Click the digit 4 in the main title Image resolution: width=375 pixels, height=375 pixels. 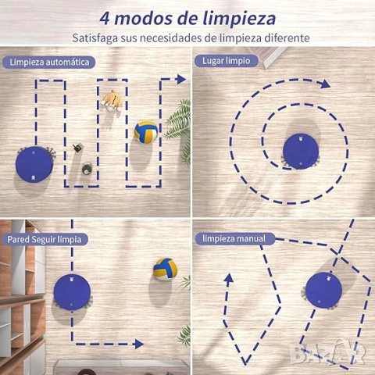pos(105,19)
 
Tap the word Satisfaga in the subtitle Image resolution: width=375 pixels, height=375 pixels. pos(95,38)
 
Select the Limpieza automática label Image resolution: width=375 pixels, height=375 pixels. pos(49,62)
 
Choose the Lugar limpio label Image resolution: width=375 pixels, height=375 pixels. pos(227,61)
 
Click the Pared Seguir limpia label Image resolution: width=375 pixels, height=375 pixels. pos(45,239)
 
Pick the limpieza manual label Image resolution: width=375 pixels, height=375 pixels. pos(234,238)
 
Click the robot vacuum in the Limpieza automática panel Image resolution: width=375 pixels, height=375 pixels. pos(34,164)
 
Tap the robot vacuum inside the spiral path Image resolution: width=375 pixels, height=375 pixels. pos(301,152)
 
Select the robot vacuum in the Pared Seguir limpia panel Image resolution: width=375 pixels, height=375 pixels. pos(72,292)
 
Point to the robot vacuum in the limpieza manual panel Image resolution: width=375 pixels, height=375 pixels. pos(323,291)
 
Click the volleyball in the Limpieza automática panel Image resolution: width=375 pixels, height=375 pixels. pos(146,132)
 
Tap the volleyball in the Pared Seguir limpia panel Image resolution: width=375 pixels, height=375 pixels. pos(166,270)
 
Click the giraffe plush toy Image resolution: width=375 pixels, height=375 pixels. pos(112,101)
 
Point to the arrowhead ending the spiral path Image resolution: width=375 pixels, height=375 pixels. pos(325,84)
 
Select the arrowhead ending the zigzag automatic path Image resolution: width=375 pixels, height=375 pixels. pos(181,79)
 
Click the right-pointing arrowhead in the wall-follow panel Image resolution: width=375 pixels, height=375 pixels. pos(139,344)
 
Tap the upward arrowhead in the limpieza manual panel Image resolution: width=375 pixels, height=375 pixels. pos(229,278)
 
